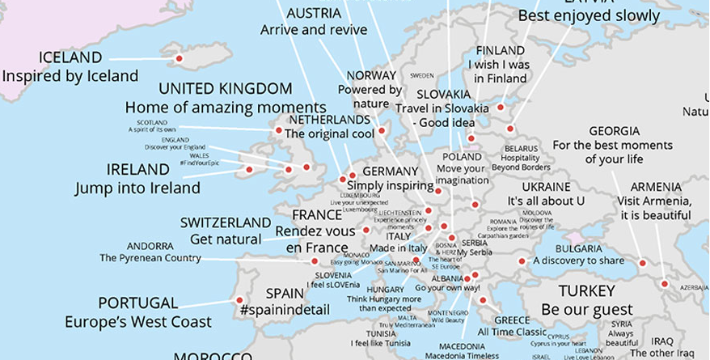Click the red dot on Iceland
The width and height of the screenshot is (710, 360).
pyautogui.click(x=179, y=58)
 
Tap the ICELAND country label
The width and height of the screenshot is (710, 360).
pyautogui.click(x=70, y=57)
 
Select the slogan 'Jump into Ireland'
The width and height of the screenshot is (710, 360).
pyautogui.click(x=137, y=188)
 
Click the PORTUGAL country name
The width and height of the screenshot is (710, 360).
pyautogui.click(x=137, y=303)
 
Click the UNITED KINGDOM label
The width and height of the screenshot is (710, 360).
pyautogui.click(x=226, y=88)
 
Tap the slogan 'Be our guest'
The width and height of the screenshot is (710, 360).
pyautogui.click(x=587, y=309)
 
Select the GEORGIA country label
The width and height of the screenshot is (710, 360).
pyautogui.click(x=614, y=131)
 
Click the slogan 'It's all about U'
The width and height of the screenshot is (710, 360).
pyautogui.click(x=545, y=200)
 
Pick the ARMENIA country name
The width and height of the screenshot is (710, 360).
pyautogui.click(x=655, y=186)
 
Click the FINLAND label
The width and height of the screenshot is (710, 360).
pyautogui.click(x=501, y=50)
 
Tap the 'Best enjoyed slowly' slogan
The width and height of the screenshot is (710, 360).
pyautogui.click(x=589, y=16)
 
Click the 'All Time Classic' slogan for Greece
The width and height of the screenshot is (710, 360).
pyautogui.click(x=512, y=332)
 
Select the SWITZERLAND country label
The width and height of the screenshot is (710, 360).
pyautogui.click(x=226, y=222)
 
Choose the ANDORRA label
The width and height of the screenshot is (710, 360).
pyautogui.click(x=150, y=246)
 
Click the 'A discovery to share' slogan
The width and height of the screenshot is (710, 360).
pyautogui.click(x=578, y=260)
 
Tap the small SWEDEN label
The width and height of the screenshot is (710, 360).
pyautogui.click(x=422, y=74)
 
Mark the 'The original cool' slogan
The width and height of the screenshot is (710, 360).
pyautogui.click(x=331, y=133)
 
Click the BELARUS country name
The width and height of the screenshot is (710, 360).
pyautogui.click(x=521, y=149)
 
